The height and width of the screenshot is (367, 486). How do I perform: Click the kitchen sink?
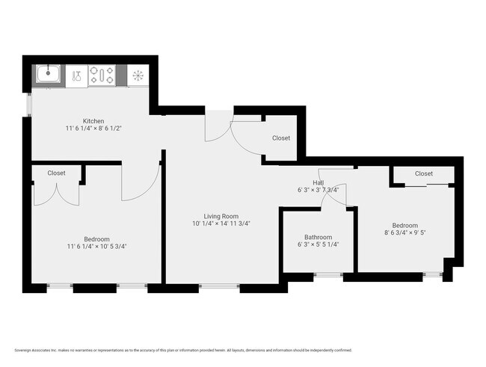[49, 74]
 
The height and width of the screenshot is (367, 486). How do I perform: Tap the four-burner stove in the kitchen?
[102, 75]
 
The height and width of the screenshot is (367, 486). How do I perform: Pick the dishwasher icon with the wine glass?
[77, 75]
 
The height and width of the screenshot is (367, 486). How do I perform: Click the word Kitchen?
[93, 120]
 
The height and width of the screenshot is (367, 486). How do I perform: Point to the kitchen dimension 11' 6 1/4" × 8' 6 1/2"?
[93, 129]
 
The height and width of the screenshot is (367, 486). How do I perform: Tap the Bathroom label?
[319, 237]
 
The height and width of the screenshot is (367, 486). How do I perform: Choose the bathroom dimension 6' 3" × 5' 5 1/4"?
[319, 245]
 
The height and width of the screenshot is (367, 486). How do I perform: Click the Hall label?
[319, 182]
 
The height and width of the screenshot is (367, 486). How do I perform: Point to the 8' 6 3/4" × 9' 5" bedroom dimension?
[405, 232]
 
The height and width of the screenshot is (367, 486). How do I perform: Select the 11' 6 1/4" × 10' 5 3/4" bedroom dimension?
[96, 246]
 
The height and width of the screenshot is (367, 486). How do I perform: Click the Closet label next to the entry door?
[281, 138]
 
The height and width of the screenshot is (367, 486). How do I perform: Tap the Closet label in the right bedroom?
[424, 173]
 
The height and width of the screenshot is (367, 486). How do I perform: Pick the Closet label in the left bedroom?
[56, 173]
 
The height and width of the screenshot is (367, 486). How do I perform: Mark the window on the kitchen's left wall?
[29, 104]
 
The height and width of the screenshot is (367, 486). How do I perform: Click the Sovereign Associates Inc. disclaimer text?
[182, 350]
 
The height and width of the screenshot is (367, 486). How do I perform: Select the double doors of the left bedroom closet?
[56, 194]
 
